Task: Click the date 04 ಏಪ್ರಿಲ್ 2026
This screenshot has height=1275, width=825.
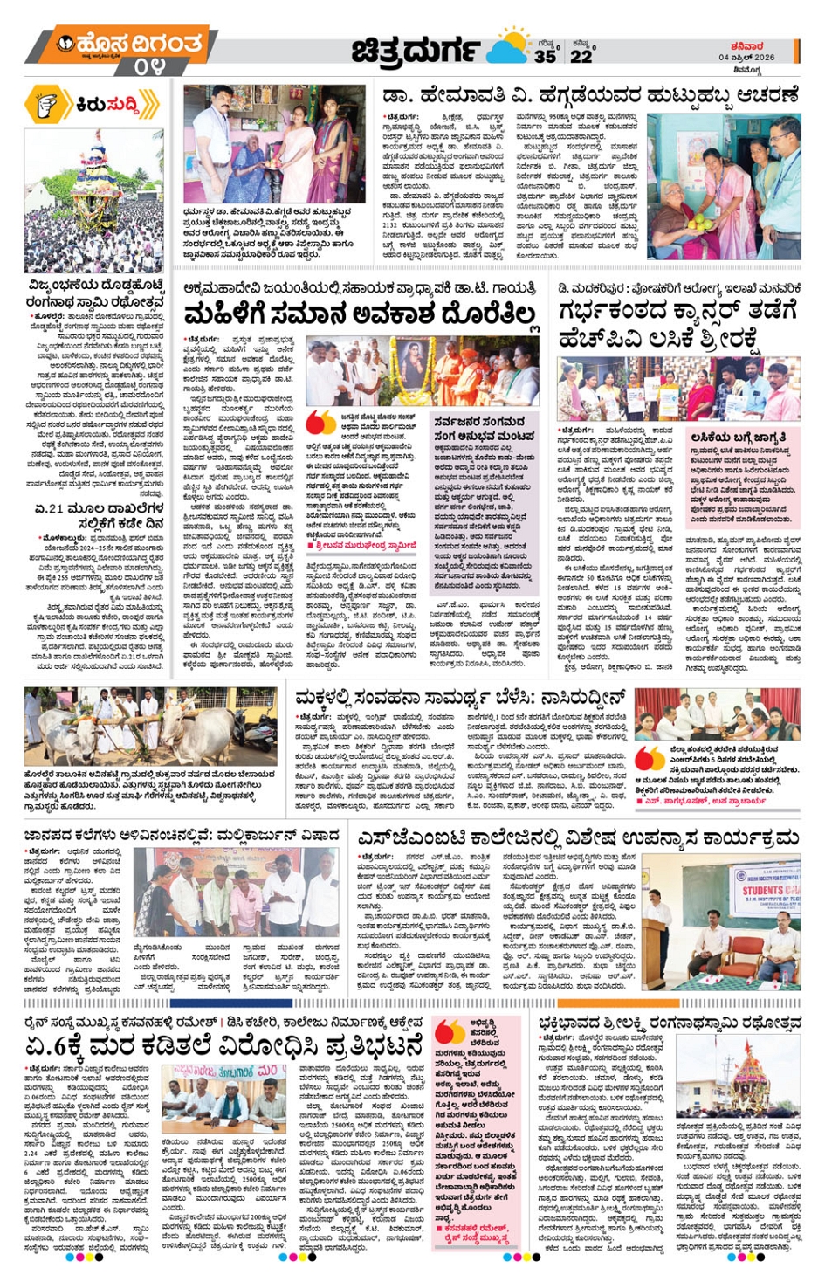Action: [746, 58]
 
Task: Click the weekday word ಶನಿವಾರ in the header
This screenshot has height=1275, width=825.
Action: [747, 46]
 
